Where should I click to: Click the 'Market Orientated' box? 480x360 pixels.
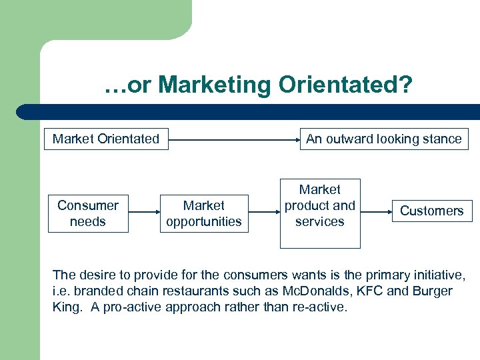(106, 139)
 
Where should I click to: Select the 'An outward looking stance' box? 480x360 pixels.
(383, 139)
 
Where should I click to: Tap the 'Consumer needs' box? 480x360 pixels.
(88, 213)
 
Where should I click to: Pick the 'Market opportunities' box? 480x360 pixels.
(204, 213)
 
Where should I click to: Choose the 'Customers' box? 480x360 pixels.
(431, 211)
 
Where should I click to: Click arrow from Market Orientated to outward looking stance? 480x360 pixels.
(233, 140)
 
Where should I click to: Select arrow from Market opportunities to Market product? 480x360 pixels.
(264, 212)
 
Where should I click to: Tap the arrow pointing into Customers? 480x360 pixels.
(376, 211)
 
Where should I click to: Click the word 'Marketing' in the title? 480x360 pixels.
(215, 85)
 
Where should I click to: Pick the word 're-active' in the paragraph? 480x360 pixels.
(322, 308)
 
